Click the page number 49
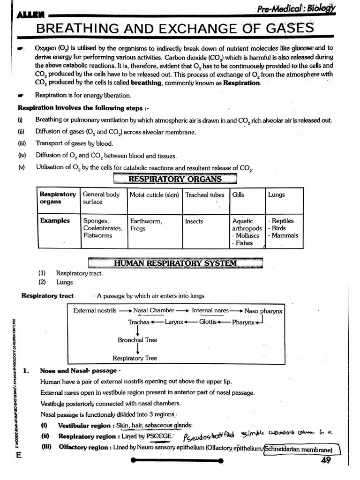coord(326,460)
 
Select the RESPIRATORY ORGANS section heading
coord(175,179)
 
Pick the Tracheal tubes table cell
coord(204,195)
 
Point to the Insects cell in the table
coord(194,221)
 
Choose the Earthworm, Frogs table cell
coord(146,225)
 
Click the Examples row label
coord(55,221)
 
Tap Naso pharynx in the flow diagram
coord(263,311)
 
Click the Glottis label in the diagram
coord(208,322)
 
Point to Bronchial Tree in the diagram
coord(137,340)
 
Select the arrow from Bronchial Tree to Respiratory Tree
coord(138,349)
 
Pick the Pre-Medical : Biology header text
coord(295,9)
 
